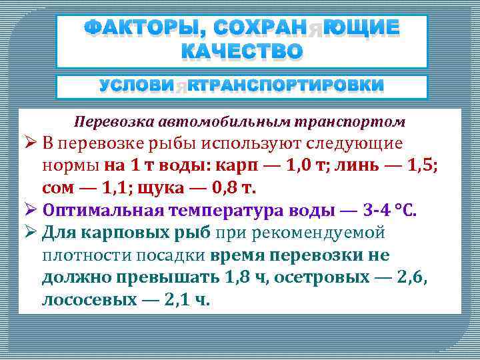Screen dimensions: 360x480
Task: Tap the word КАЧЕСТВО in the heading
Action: click(242, 51)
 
